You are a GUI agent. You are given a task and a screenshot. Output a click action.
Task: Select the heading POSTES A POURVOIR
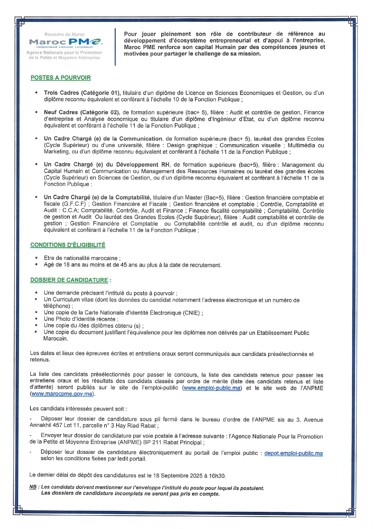pyautogui.click(x=61, y=78)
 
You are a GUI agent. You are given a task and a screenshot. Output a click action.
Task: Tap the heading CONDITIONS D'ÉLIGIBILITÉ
pyautogui.click(x=68, y=245)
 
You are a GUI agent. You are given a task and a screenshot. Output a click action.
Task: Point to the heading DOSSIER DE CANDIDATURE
pyautogui.click(x=69, y=280)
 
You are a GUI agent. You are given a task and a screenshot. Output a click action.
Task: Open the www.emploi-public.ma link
pyautogui.click(x=212, y=388)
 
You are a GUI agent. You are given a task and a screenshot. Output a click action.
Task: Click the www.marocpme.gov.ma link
pyautogui.click(x=62, y=394)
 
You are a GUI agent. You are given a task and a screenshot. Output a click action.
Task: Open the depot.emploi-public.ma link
pyautogui.click(x=293, y=453)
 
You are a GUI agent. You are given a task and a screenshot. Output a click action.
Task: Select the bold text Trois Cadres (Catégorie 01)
pyautogui.click(x=82, y=93)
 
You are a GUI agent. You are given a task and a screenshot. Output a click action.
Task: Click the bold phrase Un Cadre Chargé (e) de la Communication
pyautogui.click(x=103, y=139)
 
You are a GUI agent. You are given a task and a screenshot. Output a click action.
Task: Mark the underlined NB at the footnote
pyautogui.click(x=33, y=487)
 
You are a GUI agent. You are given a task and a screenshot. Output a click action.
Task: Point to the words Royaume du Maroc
pyautogui.click(x=65, y=34)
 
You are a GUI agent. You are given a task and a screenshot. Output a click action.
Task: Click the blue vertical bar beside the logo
pyautogui.click(x=115, y=47)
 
